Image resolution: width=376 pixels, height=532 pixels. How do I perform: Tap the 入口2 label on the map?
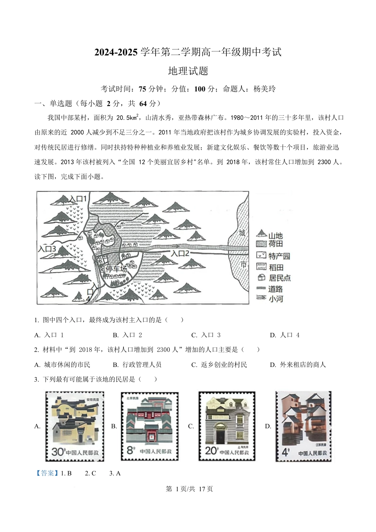(x=180, y=253)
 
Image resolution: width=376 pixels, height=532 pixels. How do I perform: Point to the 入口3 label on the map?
(x=47, y=249)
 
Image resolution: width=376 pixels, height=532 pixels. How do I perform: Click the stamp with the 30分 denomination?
(x=75, y=426)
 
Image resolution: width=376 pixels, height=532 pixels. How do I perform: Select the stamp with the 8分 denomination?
(x=150, y=426)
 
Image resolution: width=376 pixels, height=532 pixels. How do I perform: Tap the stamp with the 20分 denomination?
(x=227, y=426)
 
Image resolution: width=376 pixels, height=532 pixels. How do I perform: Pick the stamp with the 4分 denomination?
(x=304, y=426)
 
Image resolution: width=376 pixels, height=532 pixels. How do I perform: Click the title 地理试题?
(x=188, y=71)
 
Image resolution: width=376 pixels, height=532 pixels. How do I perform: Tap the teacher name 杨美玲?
(x=264, y=89)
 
